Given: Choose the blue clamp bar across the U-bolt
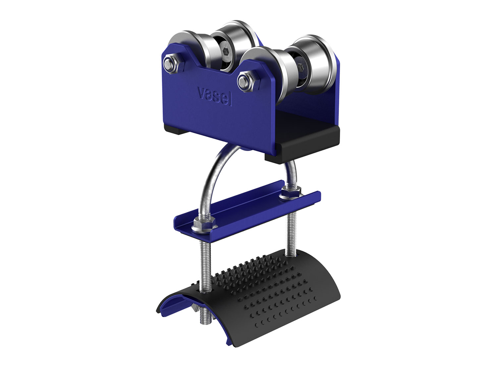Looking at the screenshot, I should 245,209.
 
